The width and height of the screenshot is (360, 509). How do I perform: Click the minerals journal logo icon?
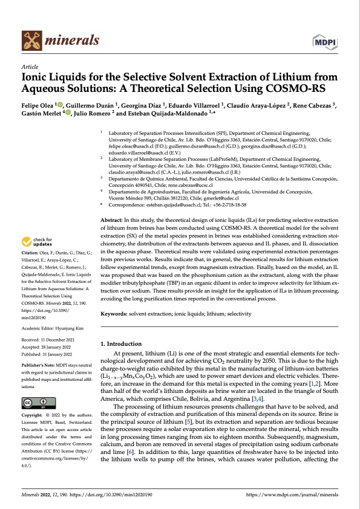(31, 40)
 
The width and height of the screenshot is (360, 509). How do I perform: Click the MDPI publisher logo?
(325, 41)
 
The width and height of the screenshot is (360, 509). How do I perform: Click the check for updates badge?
(38, 276)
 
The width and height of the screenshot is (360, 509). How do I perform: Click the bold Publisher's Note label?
(38, 366)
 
